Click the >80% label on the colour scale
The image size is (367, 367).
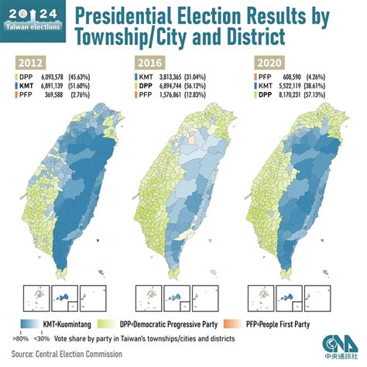point(20,338)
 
